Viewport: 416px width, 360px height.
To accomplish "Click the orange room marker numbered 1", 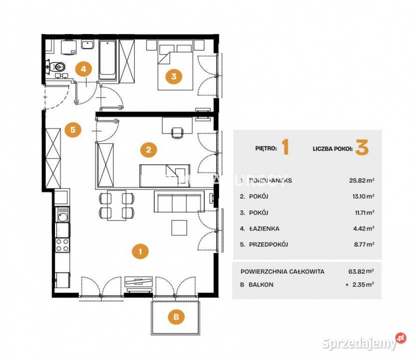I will point(141,251).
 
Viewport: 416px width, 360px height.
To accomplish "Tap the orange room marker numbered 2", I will point(148,149).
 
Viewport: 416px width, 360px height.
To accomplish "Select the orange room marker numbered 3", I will point(173,76).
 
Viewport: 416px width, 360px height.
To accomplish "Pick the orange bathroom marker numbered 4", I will point(84,68).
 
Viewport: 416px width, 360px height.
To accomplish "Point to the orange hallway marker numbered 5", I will point(73,130).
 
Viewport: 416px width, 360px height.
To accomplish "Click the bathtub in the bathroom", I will point(107,60).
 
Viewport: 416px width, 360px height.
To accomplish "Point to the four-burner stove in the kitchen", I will point(62,245).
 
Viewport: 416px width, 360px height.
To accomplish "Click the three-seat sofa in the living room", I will point(179,202).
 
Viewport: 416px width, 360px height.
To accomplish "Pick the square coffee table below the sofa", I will point(180,227).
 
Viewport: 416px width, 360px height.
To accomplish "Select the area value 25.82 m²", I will point(363,180).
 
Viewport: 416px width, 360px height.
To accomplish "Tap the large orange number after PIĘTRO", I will point(286,148).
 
